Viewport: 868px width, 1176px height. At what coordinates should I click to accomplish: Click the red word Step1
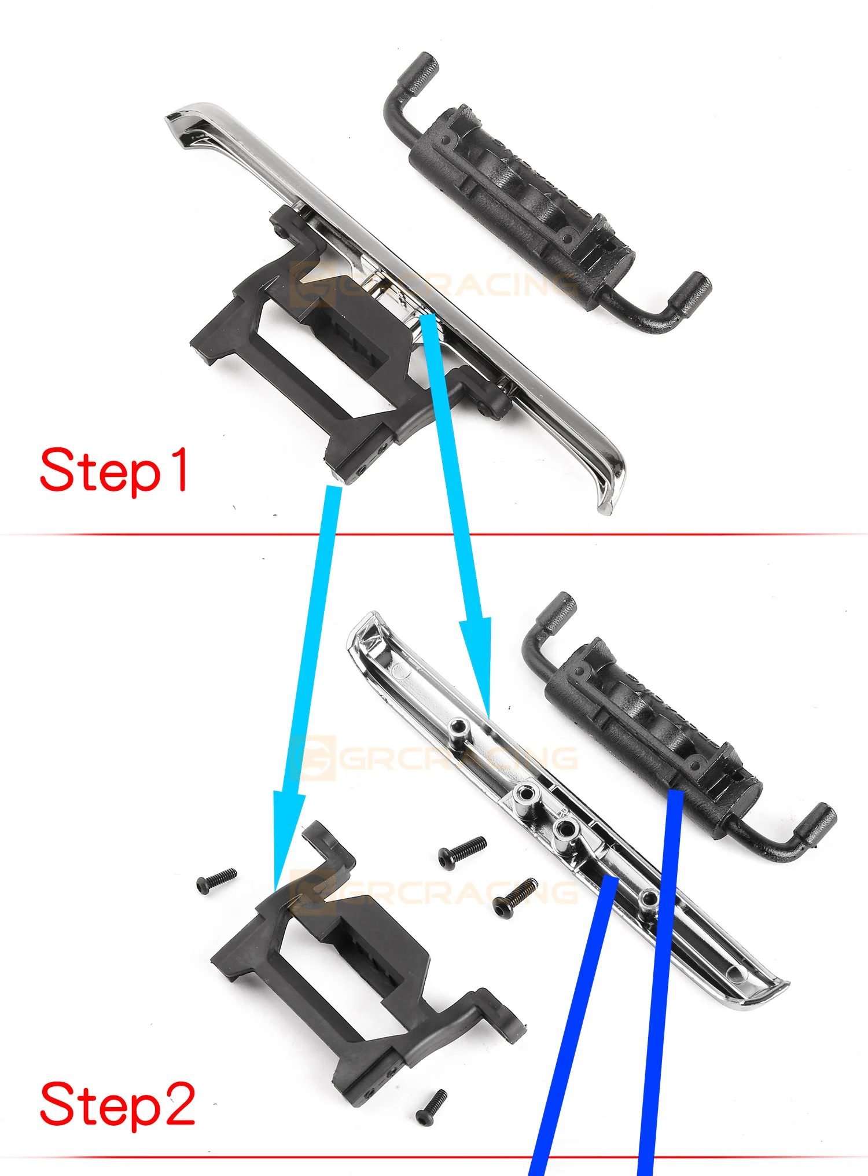[x=114, y=470]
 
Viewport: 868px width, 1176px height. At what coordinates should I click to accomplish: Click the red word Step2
[x=117, y=1104]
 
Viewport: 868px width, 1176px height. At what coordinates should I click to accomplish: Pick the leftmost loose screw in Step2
[x=216, y=880]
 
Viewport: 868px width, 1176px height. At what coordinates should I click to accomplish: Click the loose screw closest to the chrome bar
[x=515, y=898]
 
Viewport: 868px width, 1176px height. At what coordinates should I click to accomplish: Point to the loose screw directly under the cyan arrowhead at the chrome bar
[x=462, y=852]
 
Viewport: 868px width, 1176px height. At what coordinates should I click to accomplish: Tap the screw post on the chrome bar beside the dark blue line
[x=649, y=899]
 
